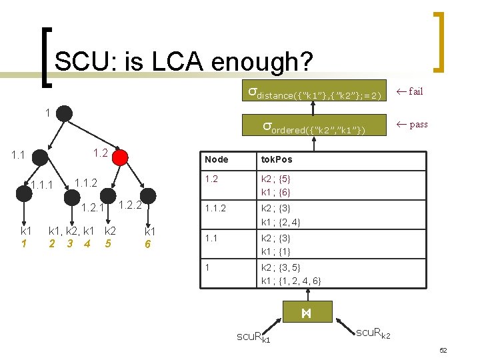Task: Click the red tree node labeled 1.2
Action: click(120, 157)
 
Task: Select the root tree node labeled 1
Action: click(64, 113)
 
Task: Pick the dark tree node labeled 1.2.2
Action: click(148, 195)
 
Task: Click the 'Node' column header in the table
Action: click(217, 159)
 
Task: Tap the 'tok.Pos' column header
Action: click(276, 159)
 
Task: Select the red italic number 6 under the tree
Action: click(148, 244)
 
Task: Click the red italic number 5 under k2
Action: click(108, 243)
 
